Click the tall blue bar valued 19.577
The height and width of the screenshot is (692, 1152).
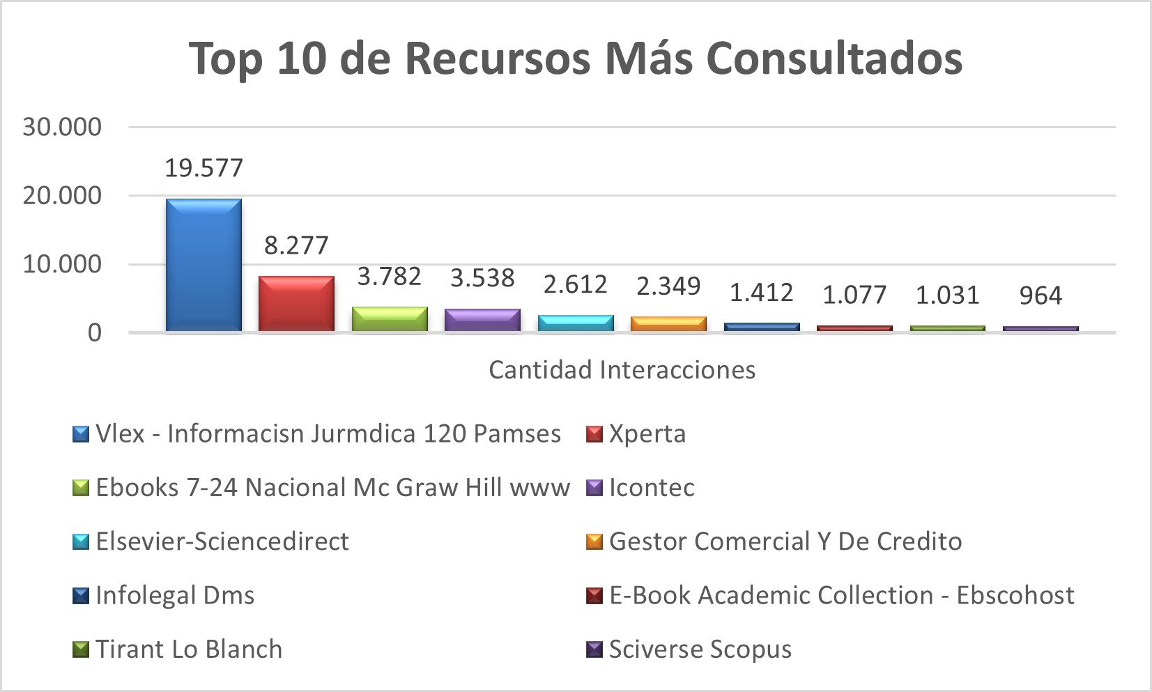tap(203, 265)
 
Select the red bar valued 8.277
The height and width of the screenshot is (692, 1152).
tap(296, 303)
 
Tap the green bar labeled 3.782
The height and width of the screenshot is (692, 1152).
tap(390, 318)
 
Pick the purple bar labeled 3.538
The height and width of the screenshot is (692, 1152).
tap(482, 319)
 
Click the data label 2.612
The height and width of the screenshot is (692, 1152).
tap(575, 284)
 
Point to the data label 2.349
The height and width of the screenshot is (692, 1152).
tap(668, 286)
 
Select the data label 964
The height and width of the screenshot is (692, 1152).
tap(1040, 295)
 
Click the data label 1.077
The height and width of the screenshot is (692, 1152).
tap(854, 295)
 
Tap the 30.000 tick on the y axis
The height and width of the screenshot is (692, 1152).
tap(62, 127)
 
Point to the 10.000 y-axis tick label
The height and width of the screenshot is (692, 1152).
tap(62, 264)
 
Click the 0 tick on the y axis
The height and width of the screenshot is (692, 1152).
tap(94, 332)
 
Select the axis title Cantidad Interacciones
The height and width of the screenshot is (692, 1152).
tap(622, 369)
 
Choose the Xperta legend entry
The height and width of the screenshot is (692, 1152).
tap(647, 433)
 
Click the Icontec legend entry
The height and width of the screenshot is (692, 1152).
tap(651, 488)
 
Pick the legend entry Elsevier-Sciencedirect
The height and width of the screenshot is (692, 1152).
tap(222, 541)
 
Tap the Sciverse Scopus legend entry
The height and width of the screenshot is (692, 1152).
tap(700, 649)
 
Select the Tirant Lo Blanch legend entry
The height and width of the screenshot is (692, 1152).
tap(188, 649)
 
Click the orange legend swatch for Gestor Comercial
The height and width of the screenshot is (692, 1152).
tap(594, 541)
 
